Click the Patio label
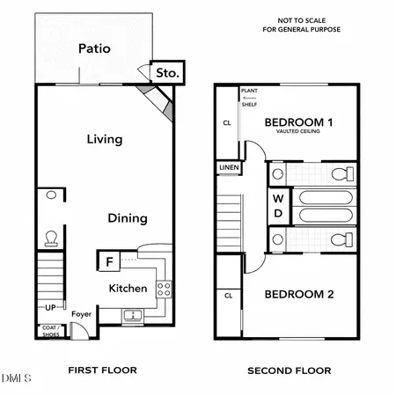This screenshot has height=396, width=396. (x=94, y=48)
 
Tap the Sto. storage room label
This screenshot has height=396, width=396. (x=166, y=74)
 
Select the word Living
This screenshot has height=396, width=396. (x=104, y=139)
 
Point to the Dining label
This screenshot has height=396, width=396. (x=128, y=218)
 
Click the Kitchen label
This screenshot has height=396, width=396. (x=127, y=289)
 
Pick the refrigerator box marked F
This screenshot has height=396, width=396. (x=109, y=261)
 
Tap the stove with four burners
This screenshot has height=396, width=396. (x=163, y=287)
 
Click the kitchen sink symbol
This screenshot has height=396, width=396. (x=133, y=314)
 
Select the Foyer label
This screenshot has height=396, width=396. (x=82, y=313)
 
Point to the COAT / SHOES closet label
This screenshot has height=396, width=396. (x=51, y=331)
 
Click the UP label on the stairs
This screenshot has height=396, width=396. (x=50, y=307)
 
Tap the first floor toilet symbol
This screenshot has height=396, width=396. (x=50, y=238)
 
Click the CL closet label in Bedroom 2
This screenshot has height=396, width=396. (x=227, y=296)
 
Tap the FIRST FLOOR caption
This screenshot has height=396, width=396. (x=103, y=370)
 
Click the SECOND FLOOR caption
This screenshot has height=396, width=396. (x=289, y=370)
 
